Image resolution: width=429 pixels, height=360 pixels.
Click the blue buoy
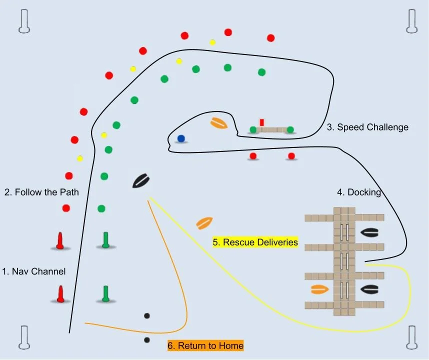point(181,138)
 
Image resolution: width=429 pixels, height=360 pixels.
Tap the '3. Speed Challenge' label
point(367,127)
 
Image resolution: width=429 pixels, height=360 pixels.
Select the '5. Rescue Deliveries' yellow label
point(255,242)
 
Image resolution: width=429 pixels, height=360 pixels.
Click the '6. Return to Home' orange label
point(205,345)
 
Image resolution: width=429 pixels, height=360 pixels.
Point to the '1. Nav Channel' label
point(34,272)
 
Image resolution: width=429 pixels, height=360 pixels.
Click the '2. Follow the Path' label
point(41,192)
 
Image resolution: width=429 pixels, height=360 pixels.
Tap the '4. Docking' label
point(359,192)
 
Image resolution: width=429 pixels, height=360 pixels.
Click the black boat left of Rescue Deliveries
point(140,180)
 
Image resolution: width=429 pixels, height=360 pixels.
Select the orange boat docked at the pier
point(319,289)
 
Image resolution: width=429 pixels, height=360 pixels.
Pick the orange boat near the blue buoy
point(219,123)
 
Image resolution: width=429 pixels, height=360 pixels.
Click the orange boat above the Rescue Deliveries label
point(205,222)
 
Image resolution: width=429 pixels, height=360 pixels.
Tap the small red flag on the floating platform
point(261,122)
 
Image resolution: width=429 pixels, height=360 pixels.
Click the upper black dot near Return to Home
point(147,315)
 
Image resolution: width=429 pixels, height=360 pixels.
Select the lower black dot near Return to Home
point(147,340)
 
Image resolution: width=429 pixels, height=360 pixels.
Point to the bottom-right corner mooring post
point(412,337)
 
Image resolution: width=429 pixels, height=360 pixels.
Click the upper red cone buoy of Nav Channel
point(60,240)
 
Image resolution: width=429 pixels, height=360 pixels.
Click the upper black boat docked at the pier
point(369,232)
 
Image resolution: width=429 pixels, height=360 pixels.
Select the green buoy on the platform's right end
point(290,130)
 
